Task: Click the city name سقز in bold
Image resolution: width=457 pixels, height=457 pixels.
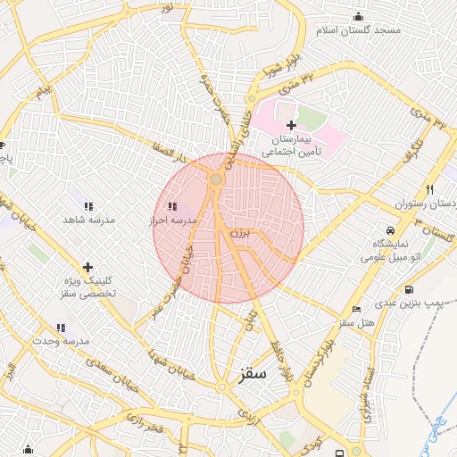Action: pos(254,373)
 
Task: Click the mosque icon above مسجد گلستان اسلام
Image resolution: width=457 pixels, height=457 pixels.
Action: pos(359,15)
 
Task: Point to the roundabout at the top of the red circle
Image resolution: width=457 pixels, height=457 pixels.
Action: pos(215,180)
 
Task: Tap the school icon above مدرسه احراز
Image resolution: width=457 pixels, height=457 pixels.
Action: pos(171,206)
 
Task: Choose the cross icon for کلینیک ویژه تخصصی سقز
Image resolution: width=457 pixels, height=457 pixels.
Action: pos(87,266)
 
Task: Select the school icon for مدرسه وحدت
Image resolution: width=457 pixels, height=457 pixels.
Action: pos(61,328)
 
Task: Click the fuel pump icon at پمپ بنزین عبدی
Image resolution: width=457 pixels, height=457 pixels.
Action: pos(409,289)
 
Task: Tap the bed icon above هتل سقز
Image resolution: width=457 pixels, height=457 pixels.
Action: pos(357,309)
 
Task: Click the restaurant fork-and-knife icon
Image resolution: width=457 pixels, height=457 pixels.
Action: pos(429,189)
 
